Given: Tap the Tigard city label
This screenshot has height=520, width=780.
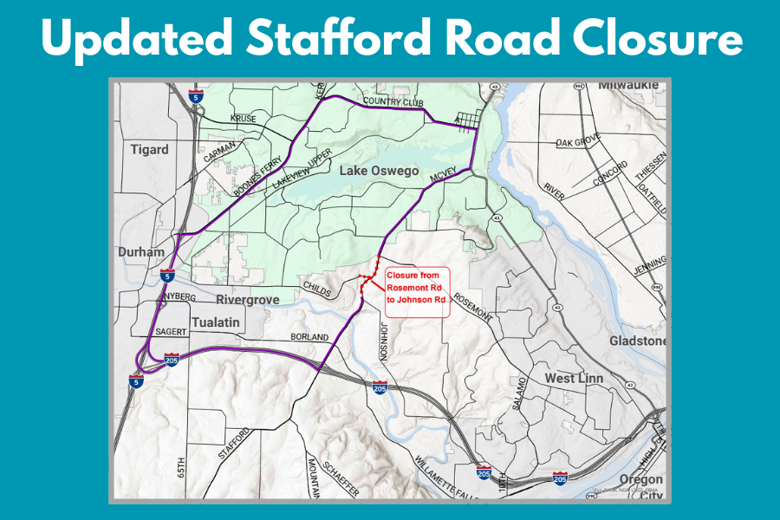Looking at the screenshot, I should tap(149, 150).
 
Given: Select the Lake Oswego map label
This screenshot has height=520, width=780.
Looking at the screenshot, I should tap(378, 171).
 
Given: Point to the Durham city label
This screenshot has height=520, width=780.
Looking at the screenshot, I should tap(141, 252).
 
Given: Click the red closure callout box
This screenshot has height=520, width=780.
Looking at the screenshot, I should tap(416, 293).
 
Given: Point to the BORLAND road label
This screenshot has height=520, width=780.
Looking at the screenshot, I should tap(309, 336).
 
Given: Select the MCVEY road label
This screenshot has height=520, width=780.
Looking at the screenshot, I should tap(442, 175).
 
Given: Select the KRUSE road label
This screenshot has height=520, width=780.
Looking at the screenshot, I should tap(244, 118).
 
